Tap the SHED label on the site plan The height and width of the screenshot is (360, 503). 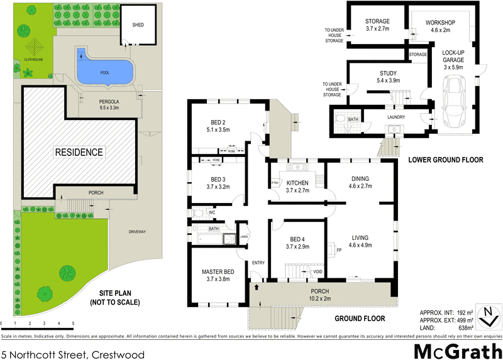point(138,25)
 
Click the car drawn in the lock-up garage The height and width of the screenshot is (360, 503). point(452,101)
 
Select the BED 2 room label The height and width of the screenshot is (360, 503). point(218,123)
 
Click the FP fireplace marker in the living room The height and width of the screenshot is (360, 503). point(339,251)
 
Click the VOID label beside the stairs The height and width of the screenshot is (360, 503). point(319,271)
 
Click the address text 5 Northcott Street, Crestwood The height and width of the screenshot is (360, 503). point(72,355)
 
